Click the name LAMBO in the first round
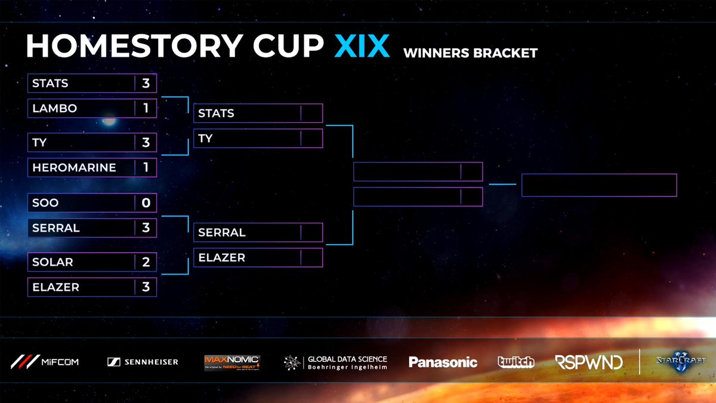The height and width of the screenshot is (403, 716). click(55, 109)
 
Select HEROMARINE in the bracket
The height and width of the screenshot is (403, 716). click(74, 168)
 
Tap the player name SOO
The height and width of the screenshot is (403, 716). click(45, 203)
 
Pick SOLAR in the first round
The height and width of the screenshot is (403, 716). click(53, 262)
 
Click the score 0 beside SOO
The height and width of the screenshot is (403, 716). click(146, 203)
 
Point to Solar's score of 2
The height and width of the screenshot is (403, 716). click(146, 262)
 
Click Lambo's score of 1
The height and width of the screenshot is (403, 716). click(146, 109)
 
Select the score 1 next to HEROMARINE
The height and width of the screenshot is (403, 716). click(146, 168)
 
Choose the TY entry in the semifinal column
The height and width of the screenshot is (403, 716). click(205, 139)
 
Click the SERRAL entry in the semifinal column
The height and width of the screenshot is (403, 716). click(222, 232)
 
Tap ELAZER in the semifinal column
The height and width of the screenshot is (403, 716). click(222, 258)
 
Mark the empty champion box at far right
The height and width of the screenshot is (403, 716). click(599, 185)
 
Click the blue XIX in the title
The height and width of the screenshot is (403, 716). click(362, 47)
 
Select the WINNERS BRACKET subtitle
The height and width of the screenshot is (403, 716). click(470, 53)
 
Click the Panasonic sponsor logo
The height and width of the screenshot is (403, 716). click(443, 362)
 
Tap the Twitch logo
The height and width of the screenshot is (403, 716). click(516, 362)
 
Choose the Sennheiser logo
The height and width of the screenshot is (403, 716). click(143, 362)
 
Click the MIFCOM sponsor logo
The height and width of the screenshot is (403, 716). click(45, 362)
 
